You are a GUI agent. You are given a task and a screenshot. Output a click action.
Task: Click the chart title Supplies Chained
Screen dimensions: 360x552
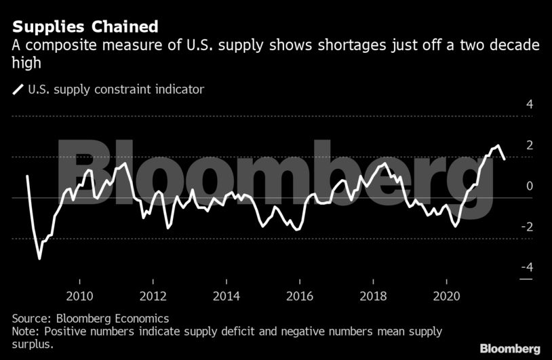[85, 27]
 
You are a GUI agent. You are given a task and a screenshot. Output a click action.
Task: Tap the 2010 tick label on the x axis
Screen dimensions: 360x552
[79, 296]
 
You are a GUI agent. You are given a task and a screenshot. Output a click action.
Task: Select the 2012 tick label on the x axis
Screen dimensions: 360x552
[153, 296]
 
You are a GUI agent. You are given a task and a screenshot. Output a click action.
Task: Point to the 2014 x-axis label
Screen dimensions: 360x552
[226, 296]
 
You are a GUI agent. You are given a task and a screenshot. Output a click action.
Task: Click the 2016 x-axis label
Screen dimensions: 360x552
[299, 296]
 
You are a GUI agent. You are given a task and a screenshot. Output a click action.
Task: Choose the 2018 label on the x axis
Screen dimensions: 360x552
[373, 296]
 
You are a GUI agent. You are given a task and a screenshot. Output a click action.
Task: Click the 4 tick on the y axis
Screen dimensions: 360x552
[530, 104]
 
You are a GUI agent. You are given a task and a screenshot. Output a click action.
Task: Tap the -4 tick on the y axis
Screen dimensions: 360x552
[527, 267]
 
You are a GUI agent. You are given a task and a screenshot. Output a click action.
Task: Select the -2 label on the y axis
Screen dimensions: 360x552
[527, 226]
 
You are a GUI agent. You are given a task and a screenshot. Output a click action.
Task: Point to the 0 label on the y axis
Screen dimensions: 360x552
[530, 186]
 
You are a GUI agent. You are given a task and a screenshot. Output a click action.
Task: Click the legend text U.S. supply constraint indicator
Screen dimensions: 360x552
[115, 89]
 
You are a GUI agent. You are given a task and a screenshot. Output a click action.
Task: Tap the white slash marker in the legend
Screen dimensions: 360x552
[17, 89]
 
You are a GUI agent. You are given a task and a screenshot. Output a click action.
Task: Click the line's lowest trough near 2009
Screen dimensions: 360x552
[39, 258]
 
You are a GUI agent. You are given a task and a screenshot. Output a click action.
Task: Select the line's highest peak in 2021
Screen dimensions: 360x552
[498, 146]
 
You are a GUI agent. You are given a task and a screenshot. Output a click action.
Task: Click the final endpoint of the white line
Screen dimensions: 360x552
[505, 159]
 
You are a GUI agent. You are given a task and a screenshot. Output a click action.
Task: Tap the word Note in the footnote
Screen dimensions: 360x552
[25, 332]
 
